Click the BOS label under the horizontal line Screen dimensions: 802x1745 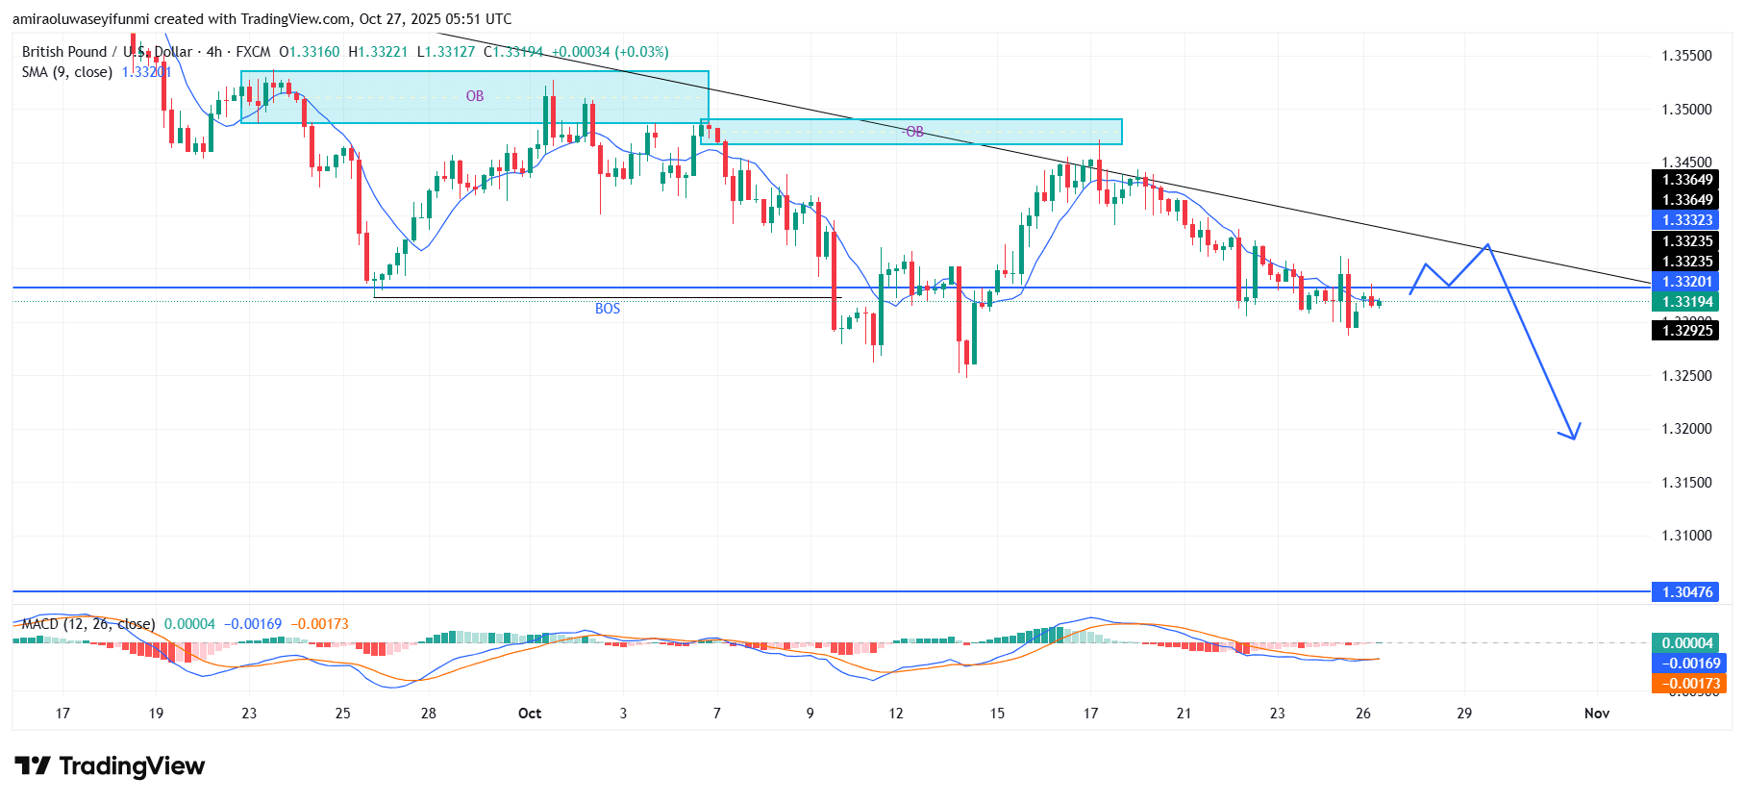(x=607, y=309)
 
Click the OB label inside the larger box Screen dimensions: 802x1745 (x=475, y=96)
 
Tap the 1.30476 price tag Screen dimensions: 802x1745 (x=1687, y=591)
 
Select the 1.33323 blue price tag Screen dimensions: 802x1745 (x=1687, y=220)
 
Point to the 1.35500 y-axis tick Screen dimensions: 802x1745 (x=1686, y=56)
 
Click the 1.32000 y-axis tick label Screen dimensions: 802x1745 (x=1686, y=429)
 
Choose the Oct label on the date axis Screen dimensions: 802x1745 (x=530, y=714)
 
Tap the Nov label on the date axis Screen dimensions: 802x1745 (x=1597, y=714)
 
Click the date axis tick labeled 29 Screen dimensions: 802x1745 (x=1463, y=714)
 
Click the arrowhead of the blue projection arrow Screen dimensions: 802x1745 (x=1572, y=436)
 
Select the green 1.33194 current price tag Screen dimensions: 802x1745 (x=1687, y=302)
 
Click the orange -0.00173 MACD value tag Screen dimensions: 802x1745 (x=1687, y=684)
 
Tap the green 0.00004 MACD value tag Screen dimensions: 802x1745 (x=1687, y=643)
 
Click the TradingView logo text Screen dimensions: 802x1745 (x=132, y=766)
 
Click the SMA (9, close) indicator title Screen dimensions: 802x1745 (x=67, y=72)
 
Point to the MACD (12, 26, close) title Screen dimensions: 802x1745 (x=87, y=624)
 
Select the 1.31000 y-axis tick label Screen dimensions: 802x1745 (x=1686, y=536)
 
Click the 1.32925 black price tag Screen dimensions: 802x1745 (x=1687, y=331)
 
